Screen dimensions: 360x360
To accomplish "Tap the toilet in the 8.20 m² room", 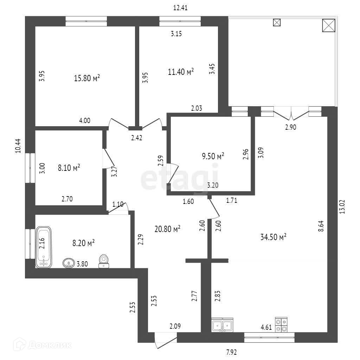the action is click(103, 261).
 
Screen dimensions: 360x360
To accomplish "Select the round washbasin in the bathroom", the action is click(68, 262).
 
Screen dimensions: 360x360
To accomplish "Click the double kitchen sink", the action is click(222, 325).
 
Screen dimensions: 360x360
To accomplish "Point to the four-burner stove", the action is click(281, 325).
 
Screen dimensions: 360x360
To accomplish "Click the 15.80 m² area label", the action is click(87, 78).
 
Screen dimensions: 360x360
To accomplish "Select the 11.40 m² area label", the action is click(181, 72).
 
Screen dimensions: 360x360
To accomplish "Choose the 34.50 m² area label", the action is click(273, 237).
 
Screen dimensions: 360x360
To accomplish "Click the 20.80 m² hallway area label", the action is click(167, 229).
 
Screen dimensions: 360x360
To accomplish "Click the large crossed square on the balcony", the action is click(329, 25).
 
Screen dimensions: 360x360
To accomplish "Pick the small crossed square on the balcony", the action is click(277, 22).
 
